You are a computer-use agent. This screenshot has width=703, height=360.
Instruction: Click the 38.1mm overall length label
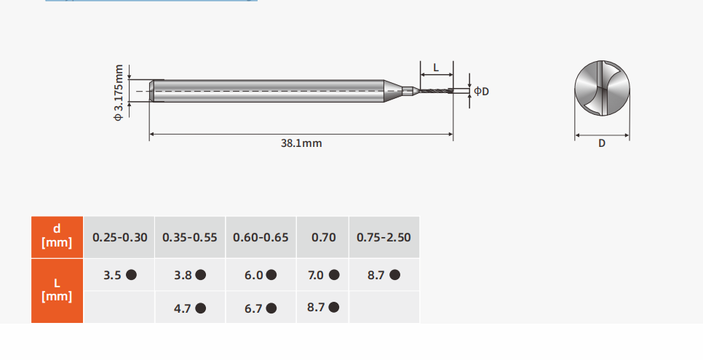pyautogui.click(x=301, y=143)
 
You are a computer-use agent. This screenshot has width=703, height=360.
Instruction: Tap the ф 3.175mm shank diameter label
pyautogui.click(x=119, y=93)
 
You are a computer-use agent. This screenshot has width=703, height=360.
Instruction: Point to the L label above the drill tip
pyautogui.click(x=436, y=68)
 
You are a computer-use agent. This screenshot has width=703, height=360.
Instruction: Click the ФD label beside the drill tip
pyautogui.click(x=482, y=92)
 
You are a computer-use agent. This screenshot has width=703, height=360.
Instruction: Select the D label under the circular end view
pyautogui.click(x=602, y=143)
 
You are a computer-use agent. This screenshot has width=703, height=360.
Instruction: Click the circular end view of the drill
pyautogui.click(x=602, y=88)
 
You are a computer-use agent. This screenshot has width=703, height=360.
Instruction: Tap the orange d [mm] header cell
pyautogui.click(x=57, y=236)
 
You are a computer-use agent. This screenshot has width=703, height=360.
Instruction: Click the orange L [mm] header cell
pyautogui.click(x=57, y=290)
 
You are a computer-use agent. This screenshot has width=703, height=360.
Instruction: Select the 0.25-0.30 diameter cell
pyautogui.click(x=119, y=237)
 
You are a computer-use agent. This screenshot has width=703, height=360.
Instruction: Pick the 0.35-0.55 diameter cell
pyautogui.click(x=190, y=237)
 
